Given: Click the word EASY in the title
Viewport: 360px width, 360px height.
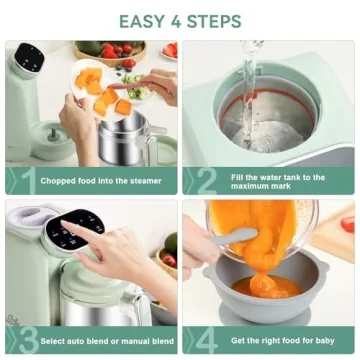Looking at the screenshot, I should [x=141, y=21].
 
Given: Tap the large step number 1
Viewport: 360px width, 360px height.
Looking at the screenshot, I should [x=28, y=181].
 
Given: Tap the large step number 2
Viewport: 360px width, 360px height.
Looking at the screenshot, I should [x=206, y=181].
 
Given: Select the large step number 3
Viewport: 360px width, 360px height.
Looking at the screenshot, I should [x=28, y=340].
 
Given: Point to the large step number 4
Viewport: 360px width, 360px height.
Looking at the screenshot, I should [x=206, y=340].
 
